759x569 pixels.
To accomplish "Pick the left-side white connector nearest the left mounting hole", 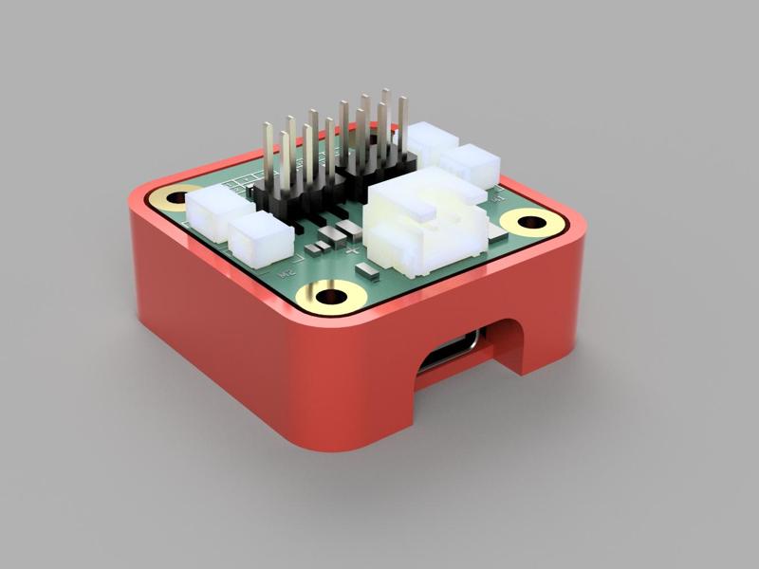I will (x=215, y=211).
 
